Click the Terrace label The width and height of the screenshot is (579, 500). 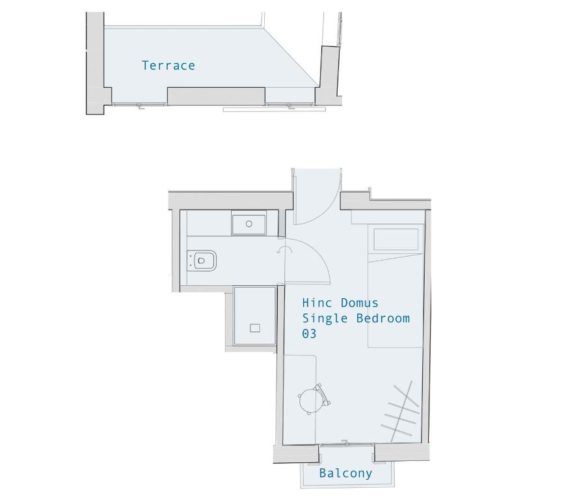(x=168, y=65)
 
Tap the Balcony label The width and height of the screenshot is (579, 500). (x=345, y=473)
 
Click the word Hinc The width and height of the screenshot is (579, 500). (x=317, y=303)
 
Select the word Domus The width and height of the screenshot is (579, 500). (x=359, y=303)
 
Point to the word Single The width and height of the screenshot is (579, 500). (x=325, y=318)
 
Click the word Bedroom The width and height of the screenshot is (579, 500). (x=383, y=318)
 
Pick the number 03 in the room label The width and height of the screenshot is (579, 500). (x=309, y=334)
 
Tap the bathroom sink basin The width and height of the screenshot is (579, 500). (x=249, y=223)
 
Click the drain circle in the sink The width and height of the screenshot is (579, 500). (x=249, y=223)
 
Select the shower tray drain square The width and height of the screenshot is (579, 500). (x=255, y=327)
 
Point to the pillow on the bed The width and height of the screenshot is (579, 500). (x=396, y=239)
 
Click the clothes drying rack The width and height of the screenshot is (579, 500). (x=400, y=411)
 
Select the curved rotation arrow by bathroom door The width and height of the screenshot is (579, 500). (x=284, y=250)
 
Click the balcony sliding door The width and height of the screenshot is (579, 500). (x=346, y=444)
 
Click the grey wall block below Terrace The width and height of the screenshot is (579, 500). (x=216, y=96)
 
